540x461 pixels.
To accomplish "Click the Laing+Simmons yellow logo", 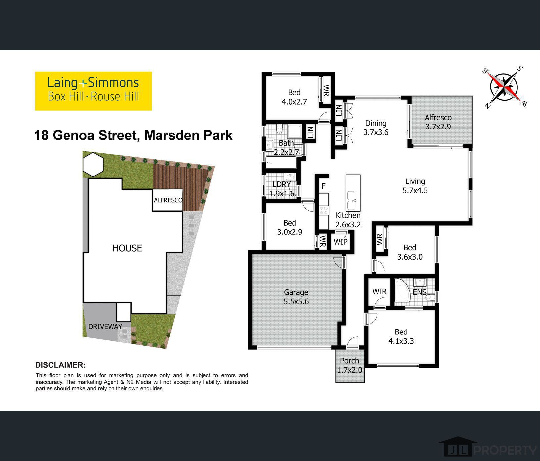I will coord(93,91).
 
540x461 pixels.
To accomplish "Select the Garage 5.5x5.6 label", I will coord(296,297).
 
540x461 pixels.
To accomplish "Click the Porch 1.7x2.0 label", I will coord(350,365).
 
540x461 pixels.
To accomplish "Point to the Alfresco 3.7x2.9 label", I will coord(438,122).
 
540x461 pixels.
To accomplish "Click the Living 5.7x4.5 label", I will coord(415,186).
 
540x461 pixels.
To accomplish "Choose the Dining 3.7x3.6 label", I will coord(376,128).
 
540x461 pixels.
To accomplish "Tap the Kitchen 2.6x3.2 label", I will coord(348,220).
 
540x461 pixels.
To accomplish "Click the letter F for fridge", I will coord(323,186).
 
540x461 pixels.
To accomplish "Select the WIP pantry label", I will coord(340,242).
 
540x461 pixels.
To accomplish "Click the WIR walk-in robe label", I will coord(379,292).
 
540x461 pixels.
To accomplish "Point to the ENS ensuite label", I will coord(419,292).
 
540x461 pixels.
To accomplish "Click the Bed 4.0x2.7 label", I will coord(294,97).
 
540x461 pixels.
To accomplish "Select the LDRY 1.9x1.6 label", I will coord(282,189).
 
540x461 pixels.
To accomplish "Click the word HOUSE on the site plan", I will coord(127,248).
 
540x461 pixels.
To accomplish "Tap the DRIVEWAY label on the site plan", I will coord(105,327).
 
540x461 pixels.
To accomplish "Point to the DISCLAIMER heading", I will coord(60,365).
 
